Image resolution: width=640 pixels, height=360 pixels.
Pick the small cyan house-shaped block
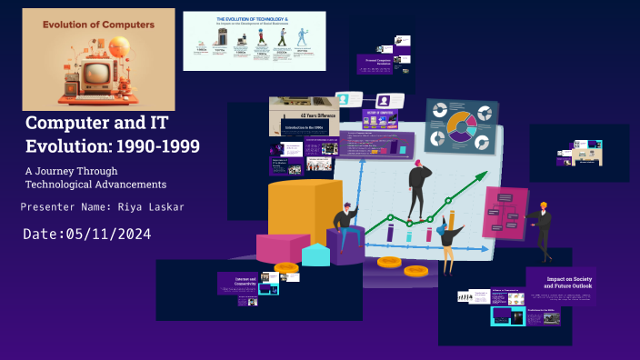(x=315, y=255)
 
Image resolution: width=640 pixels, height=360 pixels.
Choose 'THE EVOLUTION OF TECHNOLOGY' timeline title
(x=254, y=18)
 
